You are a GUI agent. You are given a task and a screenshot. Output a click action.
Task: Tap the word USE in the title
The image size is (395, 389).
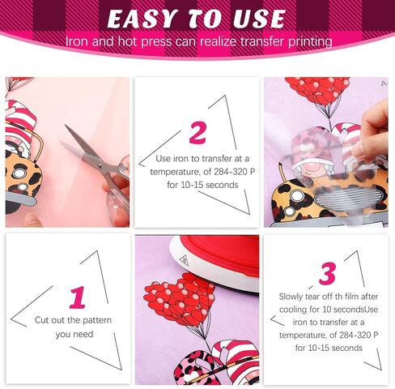tap(259, 19)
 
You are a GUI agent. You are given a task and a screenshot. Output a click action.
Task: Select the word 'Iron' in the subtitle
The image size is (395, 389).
tap(76, 42)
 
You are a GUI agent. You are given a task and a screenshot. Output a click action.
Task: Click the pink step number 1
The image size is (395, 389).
tap(78, 297)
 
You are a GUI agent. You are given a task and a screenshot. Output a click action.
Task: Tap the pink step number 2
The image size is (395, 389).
tap(197, 133)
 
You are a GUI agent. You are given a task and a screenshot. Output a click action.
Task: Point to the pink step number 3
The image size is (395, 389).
tap(327, 274)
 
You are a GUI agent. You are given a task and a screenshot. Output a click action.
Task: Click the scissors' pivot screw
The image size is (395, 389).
tap(100, 164)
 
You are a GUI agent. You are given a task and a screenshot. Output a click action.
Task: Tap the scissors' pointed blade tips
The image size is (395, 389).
tap(66, 127)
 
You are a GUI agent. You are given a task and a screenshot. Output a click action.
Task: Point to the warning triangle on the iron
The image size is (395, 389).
tap(184, 259)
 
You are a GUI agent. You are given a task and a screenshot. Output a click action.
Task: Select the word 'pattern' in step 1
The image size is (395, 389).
tap(97, 320)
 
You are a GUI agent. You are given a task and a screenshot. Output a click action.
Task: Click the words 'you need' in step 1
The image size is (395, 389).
tap(74, 335)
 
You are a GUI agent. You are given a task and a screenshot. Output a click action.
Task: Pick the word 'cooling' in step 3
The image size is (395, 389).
tap(293, 310)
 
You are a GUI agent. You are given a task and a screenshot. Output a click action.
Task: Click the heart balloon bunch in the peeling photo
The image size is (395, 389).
tap(317, 91)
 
